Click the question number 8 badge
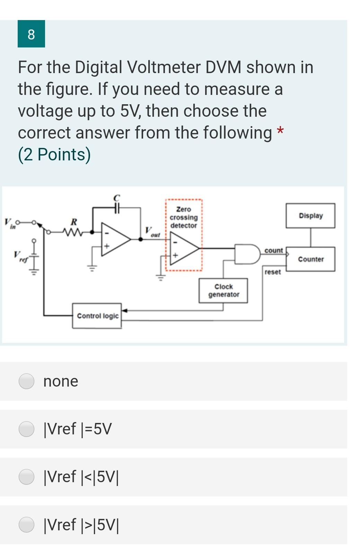click(x=31, y=34)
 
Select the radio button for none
click(x=26, y=381)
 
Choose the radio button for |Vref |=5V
click(x=26, y=429)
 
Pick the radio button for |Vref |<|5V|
click(x=26, y=477)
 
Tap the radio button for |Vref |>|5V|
click(x=26, y=524)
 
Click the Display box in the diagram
click(x=310, y=215)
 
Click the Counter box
click(x=310, y=259)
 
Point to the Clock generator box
click(x=223, y=291)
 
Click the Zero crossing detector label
click(x=184, y=217)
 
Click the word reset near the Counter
click(x=272, y=272)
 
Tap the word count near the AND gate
click(x=273, y=250)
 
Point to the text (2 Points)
click(x=54, y=154)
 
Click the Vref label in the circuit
click(x=19, y=256)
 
